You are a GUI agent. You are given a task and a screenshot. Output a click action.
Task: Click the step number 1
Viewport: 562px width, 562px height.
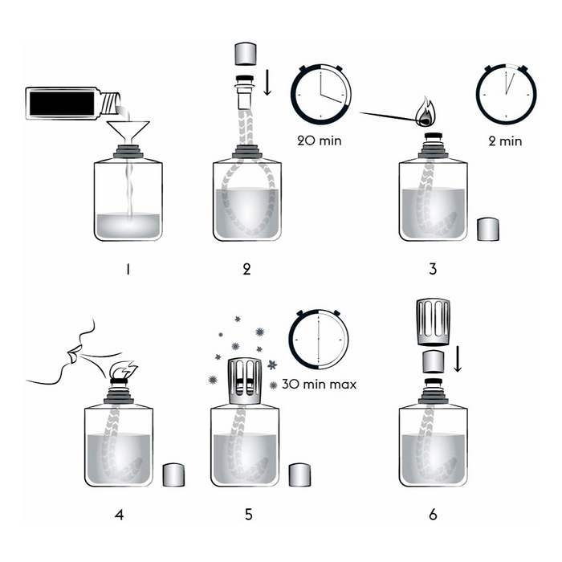127,269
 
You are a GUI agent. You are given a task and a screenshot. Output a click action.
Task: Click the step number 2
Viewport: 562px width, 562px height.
246,269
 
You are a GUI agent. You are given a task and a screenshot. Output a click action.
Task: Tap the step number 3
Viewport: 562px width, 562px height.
433,269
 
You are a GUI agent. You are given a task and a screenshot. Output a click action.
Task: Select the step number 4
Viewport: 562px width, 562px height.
119,514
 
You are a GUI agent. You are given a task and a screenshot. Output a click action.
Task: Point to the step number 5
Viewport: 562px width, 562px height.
246,514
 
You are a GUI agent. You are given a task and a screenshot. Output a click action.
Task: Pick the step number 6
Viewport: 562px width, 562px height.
433,514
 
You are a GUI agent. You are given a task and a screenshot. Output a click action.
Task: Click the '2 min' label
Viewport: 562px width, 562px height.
506,141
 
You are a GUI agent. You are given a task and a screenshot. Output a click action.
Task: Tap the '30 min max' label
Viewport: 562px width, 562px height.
320,385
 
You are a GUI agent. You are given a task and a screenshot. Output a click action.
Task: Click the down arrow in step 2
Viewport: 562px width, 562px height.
267,81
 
